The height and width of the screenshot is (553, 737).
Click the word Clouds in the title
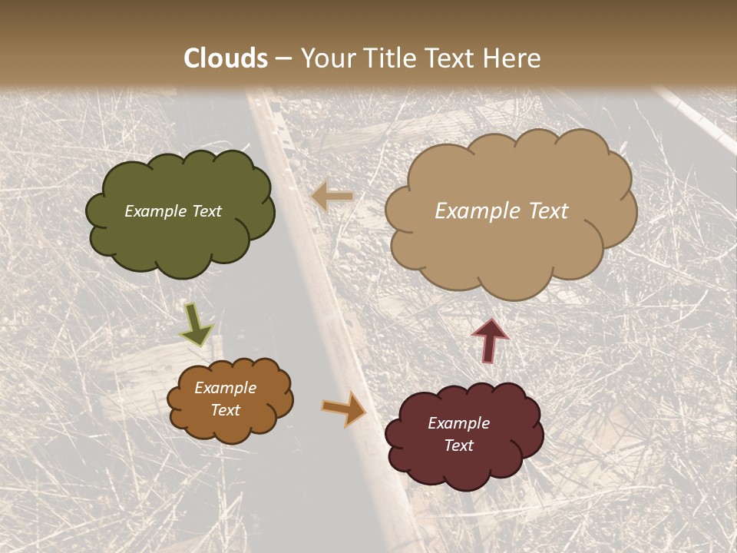[226, 58]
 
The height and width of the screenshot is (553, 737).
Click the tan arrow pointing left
[332, 197]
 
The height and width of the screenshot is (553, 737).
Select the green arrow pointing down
[197, 326]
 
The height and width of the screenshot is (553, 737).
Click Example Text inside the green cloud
[173, 211]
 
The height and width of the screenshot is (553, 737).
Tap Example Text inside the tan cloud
[501, 211]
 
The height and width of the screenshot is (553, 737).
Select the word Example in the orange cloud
[225, 388]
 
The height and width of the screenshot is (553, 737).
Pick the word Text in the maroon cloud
[458, 445]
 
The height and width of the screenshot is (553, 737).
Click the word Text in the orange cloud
[225, 410]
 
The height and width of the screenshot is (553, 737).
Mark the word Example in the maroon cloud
[458, 423]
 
